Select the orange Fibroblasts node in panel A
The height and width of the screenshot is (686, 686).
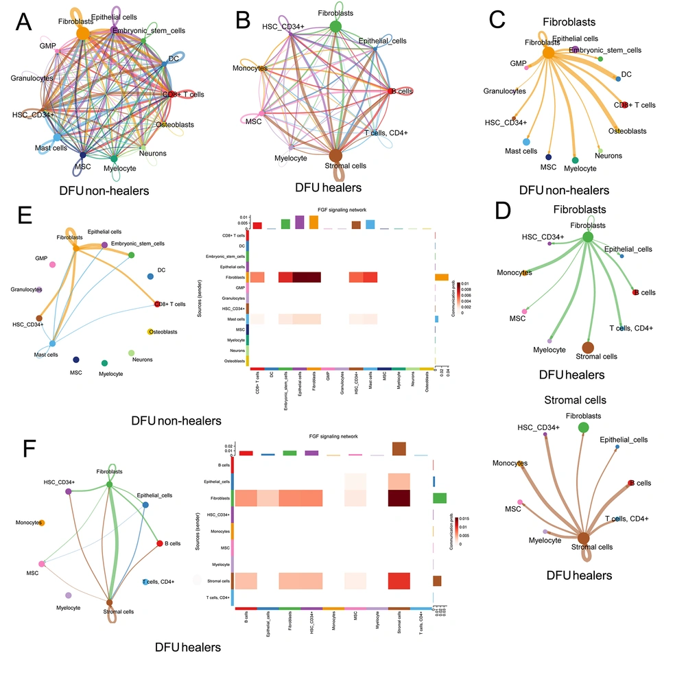point(82,33)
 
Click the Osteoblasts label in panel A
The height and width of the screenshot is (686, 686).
point(174,125)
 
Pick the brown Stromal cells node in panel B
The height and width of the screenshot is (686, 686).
point(335,155)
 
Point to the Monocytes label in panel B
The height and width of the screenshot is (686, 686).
point(250,68)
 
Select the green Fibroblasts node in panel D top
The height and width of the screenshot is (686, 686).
point(587,237)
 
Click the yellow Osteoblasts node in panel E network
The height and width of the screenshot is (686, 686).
point(150,332)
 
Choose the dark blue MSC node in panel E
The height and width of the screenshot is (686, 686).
point(76,359)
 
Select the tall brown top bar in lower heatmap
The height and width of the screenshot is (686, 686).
point(399,449)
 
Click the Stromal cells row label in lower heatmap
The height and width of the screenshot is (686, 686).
point(220,581)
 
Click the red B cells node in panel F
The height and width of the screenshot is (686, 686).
point(159,543)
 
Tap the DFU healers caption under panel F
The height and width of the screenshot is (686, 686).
point(187,647)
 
